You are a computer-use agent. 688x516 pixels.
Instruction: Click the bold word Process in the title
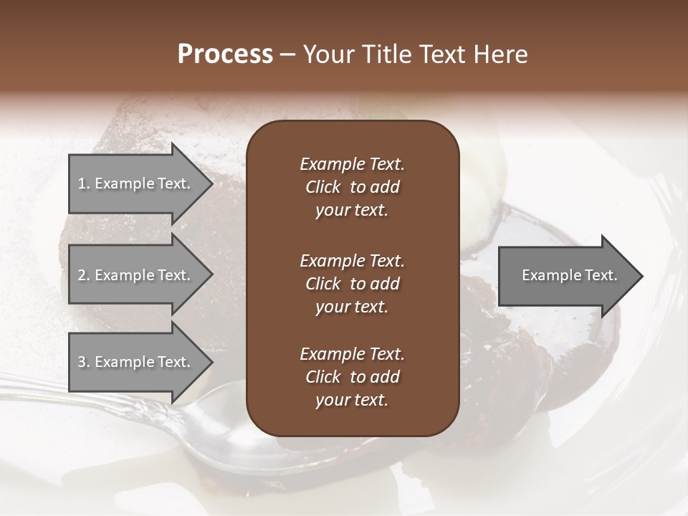tap(224, 54)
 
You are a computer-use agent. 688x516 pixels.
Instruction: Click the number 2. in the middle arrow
tap(84, 275)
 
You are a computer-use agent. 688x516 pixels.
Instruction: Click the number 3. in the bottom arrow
tap(84, 362)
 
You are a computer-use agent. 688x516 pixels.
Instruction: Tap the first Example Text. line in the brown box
tap(352, 164)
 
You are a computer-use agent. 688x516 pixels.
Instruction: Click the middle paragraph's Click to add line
tap(352, 284)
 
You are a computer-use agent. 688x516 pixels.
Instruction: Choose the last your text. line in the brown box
tap(352, 401)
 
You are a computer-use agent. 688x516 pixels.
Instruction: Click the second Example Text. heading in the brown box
tap(352, 260)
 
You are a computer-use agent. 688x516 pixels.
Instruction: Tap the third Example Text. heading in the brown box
tap(352, 354)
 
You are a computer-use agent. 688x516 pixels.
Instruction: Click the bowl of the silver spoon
tap(215, 437)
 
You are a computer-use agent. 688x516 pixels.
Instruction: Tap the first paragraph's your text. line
tap(352, 211)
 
